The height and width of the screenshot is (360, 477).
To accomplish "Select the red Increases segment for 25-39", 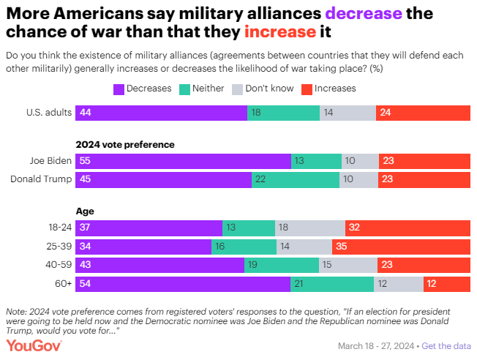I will pyautogui.click(x=401, y=247).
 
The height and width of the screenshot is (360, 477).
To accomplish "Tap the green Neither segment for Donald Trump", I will pyautogui.click(x=295, y=180).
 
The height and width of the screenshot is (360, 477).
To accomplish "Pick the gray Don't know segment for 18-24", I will pyautogui.click(x=309, y=228).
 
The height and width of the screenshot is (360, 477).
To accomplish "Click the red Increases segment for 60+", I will pyautogui.click(x=446, y=284).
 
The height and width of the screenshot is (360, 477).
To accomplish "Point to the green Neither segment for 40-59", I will pyautogui.click(x=282, y=265).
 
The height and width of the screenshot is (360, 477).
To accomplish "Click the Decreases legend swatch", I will pyautogui.click(x=119, y=89).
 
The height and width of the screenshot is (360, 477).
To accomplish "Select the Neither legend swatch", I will pyautogui.click(x=186, y=89).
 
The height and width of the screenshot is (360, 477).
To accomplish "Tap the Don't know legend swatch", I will pyautogui.click(x=237, y=89).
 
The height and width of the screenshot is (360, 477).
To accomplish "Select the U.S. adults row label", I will pyautogui.click(x=48, y=113).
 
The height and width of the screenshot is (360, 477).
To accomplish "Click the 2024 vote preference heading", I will pyautogui.click(x=125, y=144).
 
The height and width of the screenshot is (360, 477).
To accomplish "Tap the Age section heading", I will pyautogui.click(x=85, y=211).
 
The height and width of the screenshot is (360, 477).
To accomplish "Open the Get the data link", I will pyautogui.click(x=446, y=345).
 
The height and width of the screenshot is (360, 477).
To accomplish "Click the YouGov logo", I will pyautogui.click(x=34, y=345).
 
